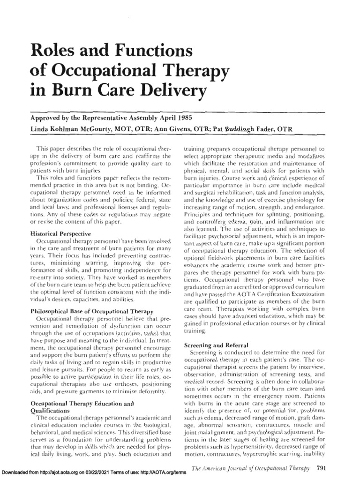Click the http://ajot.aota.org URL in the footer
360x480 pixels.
pyautogui.click(x=59, y=474)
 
